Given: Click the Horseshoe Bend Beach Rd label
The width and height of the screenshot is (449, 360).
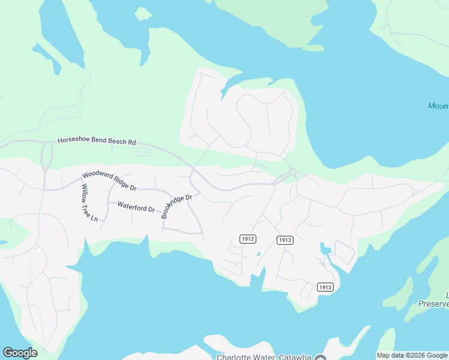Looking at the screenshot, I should click(x=97, y=142).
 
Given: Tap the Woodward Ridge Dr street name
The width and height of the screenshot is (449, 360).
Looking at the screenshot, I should click(x=109, y=181).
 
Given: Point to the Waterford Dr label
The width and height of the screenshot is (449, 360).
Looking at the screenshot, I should click(x=136, y=207).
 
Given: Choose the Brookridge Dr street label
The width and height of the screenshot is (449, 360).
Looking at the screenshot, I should click(x=176, y=206).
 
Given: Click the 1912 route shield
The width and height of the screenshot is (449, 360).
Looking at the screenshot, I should click(x=248, y=239).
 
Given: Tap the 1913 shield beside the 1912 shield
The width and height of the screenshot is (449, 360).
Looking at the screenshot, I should click(x=285, y=240).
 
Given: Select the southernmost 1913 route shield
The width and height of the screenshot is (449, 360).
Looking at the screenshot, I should click(x=325, y=287).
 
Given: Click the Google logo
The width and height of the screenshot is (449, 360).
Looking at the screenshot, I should click(x=20, y=353).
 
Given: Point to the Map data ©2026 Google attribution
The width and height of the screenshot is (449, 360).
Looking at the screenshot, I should click(x=412, y=355).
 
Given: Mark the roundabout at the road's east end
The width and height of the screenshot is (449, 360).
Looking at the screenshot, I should click(x=292, y=172).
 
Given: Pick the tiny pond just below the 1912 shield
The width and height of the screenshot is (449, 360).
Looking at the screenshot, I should click(x=259, y=254).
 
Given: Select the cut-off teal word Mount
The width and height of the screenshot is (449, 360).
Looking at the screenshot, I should click(x=438, y=106).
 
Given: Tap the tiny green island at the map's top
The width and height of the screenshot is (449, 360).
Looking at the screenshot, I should click(x=143, y=13).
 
